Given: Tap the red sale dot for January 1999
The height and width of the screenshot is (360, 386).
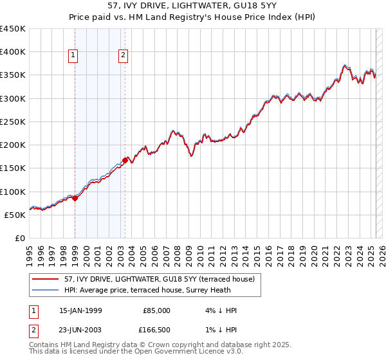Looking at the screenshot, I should pos(75,198).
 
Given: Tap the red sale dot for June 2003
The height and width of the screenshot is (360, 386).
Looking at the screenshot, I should pos(125,160).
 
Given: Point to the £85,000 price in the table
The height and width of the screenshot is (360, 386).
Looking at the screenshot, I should pos(156,310).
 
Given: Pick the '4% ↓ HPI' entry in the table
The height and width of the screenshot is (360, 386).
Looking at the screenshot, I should pos(221,310).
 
